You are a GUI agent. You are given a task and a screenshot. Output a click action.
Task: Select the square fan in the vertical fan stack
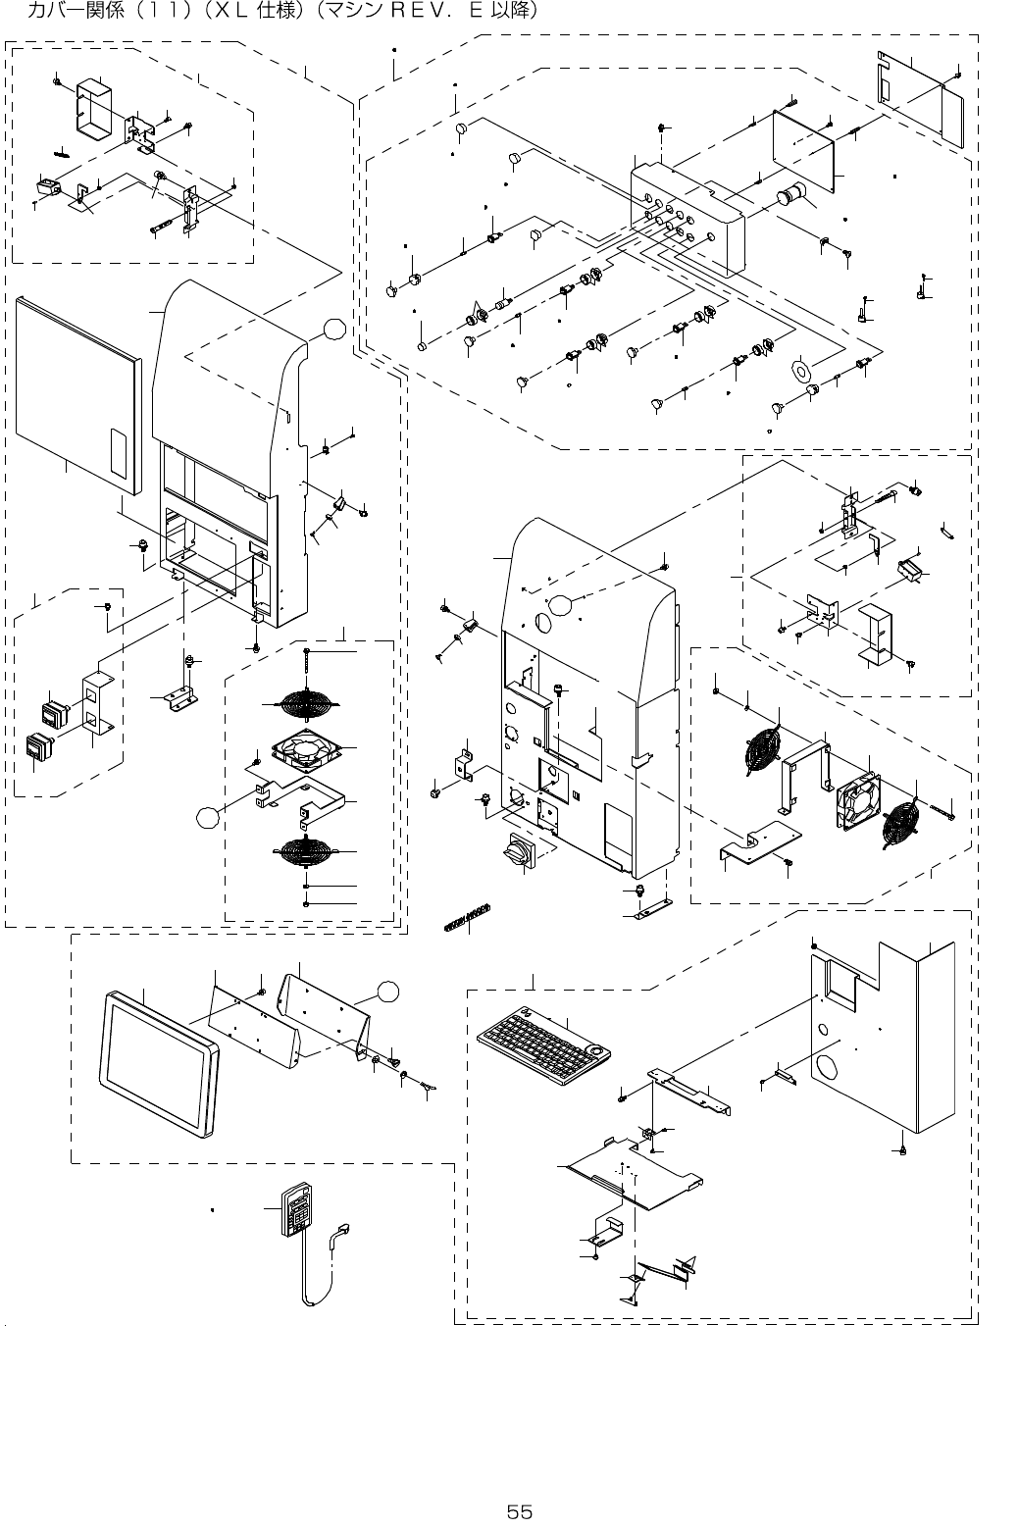[306, 749]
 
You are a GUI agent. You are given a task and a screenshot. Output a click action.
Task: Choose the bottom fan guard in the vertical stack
[305, 850]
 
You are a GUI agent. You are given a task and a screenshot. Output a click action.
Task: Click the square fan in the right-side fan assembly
[858, 800]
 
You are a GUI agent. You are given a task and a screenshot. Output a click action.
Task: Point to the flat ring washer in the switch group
[800, 370]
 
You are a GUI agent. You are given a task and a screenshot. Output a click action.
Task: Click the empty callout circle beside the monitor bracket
[387, 992]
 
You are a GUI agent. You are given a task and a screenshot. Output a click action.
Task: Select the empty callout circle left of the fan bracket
[207, 817]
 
